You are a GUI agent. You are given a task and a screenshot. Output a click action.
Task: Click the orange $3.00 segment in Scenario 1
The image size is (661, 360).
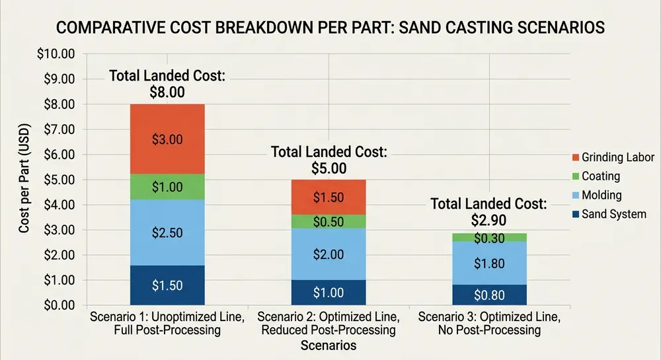click(x=167, y=139)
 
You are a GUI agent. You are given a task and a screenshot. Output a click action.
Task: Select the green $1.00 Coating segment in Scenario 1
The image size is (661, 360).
click(x=167, y=187)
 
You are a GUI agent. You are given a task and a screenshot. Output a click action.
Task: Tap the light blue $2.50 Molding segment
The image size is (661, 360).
click(x=167, y=233)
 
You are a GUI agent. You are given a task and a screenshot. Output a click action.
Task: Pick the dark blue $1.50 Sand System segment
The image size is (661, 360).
click(x=167, y=285)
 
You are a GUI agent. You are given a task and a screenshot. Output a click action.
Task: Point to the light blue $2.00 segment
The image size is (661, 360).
click(x=328, y=254)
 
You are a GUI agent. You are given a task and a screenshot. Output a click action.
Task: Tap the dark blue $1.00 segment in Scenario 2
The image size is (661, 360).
click(x=328, y=292)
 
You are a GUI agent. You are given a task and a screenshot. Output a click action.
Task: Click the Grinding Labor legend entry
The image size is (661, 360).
click(x=611, y=157)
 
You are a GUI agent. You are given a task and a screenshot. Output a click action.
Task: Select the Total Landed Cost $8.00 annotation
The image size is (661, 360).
click(x=167, y=84)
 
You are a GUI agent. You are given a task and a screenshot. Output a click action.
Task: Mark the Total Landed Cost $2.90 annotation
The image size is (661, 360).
click(x=488, y=211)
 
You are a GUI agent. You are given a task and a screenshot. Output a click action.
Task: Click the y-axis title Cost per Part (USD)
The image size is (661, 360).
click(x=24, y=180)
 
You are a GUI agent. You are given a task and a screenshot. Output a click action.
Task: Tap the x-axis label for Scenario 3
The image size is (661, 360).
click(x=488, y=324)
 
